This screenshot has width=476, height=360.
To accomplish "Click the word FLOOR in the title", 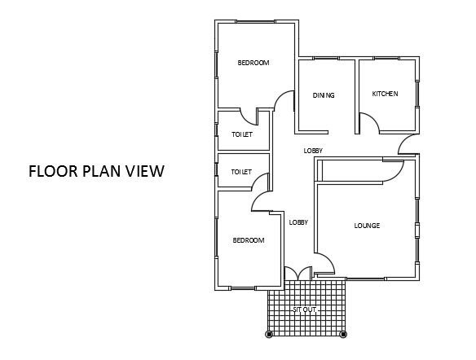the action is pos(54,171).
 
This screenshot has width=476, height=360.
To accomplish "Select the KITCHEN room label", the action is pos(385,94).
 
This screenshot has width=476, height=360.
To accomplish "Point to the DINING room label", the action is pos(324,95).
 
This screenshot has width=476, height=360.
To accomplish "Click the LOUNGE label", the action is pos(367,226).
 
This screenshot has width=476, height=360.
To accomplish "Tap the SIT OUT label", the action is pos(305,310).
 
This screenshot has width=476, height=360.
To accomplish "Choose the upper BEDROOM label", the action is pos(253,63).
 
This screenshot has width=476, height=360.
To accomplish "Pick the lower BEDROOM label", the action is pos(249,240).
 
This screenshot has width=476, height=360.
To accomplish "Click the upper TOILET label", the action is pos(242,134).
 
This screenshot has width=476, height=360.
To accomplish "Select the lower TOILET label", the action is pos(241,172).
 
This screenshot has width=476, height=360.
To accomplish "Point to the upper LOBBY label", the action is pos(313,151).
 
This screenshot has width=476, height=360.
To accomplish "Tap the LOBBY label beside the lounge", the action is pos(298,222).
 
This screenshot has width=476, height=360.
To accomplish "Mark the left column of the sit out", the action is pos(269,334).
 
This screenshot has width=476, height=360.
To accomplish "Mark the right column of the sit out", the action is pos(343,334).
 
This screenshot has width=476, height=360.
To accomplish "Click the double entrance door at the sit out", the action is pos(298,272).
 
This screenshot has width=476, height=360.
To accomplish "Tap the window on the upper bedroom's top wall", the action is pos(255,21).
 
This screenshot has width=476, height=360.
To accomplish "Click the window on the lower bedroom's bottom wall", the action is pos(243,288).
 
